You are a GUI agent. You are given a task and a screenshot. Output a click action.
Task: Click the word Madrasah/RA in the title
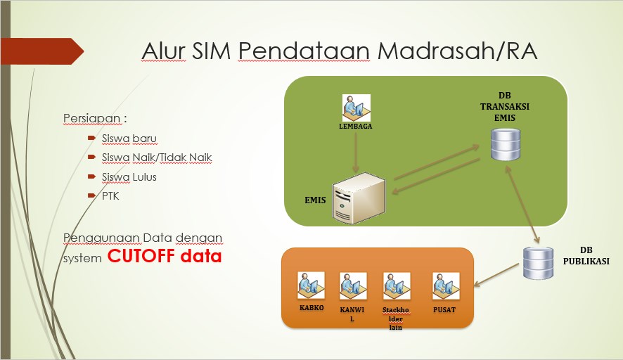[x=457, y=51]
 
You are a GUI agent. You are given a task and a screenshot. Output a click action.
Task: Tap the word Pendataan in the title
[x=304, y=51]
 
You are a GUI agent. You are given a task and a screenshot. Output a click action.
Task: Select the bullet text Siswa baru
[x=129, y=139]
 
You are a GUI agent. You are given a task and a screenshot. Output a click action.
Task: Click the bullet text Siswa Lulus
[x=129, y=176]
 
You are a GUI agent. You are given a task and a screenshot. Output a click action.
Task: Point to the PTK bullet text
[x=110, y=196]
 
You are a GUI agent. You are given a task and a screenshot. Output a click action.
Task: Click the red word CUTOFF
[x=141, y=255]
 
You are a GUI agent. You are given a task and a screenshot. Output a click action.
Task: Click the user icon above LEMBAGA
[x=356, y=108]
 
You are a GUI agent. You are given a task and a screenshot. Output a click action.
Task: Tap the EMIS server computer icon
[x=359, y=198]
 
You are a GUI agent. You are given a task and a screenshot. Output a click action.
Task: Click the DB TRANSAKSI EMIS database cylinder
[x=506, y=144]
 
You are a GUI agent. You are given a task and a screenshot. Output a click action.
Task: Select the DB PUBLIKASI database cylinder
[x=538, y=263]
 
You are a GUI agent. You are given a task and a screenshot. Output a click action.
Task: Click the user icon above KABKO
[x=311, y=285]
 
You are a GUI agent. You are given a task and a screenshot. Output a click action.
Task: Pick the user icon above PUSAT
[x=446, y=286]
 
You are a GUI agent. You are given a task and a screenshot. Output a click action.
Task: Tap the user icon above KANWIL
[x=353, y=286]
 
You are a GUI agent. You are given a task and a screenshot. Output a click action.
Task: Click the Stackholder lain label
[x=396, y=319]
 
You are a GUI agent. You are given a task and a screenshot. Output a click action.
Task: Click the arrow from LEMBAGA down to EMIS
[x=356, y=152]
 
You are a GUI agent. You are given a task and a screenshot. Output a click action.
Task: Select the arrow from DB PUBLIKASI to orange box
[x=496, y=275]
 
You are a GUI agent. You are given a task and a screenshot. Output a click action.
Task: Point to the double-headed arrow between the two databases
[x=522, y=205]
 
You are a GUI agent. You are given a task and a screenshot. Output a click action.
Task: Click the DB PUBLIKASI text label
[x=586, y=255]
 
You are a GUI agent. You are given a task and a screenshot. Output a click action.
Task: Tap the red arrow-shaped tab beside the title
[x=42, y=51]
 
